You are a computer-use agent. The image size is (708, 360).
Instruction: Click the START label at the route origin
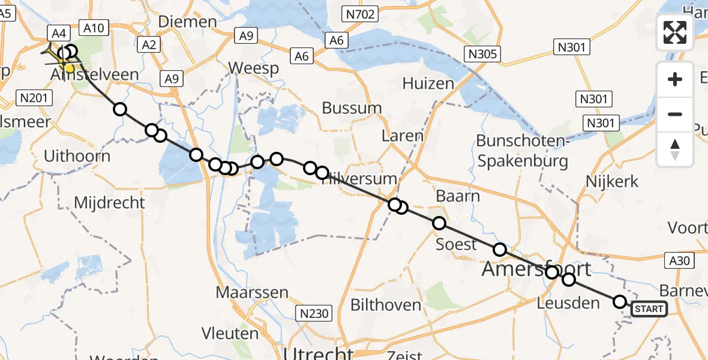click(649, 309)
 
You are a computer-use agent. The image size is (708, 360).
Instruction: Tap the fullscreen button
click(675, 32)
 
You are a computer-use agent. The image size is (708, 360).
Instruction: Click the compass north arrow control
click(675, 149)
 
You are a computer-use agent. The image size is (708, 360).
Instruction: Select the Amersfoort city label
click(536, 269)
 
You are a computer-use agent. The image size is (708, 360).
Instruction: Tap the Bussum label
click(352, 108)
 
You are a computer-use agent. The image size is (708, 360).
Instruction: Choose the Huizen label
click(428, 83)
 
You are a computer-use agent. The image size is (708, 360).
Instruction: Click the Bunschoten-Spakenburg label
click(522, 151)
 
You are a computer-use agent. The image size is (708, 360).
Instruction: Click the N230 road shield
click(314, 313)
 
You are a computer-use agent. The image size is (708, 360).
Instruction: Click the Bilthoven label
click(386, 305)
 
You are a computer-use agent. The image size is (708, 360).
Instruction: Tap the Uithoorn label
click(77, 157)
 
